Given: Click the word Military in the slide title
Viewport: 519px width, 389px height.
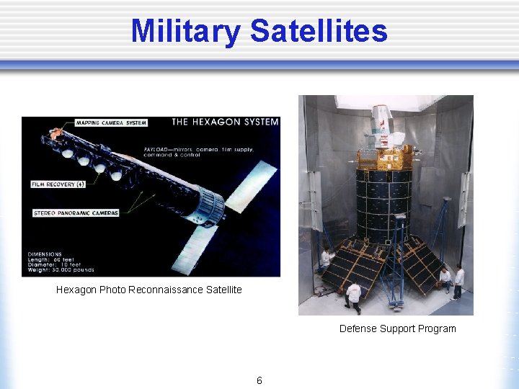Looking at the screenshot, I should coord(186,31).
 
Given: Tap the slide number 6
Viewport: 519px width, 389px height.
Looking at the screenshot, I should coord(259,380).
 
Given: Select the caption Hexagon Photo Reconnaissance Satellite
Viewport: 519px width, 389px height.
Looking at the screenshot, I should coord(149,290).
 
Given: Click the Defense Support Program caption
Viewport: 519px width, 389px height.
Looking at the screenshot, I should coord(398,328).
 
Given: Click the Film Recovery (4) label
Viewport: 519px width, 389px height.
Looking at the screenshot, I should coord(58,184).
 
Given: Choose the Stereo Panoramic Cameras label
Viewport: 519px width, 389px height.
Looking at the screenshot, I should coord(76,213).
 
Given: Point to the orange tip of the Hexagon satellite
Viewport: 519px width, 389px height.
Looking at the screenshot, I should coord(54,135).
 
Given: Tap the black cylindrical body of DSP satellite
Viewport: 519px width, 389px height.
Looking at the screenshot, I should coord(384,202).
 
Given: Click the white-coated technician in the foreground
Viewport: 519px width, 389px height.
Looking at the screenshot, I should coord(353,295).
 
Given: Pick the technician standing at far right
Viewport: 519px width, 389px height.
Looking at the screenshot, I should coord(458,281).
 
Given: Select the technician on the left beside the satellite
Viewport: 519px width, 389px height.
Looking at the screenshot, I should coord(326,259).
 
